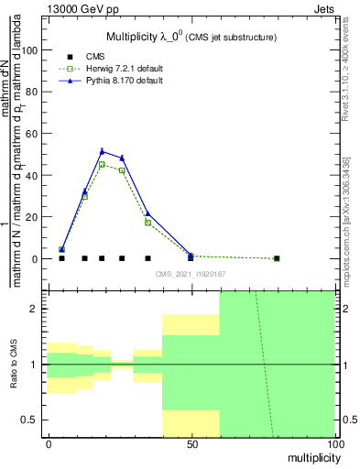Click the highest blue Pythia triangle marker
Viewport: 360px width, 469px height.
point(102,151)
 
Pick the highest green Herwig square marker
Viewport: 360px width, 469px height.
point(102,165)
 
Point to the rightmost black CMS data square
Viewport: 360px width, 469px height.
point(277,258)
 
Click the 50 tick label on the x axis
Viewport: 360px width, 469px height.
point(191,442)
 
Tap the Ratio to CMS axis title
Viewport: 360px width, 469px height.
point(13,365)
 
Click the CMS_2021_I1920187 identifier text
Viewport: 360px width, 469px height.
point(190,274)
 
